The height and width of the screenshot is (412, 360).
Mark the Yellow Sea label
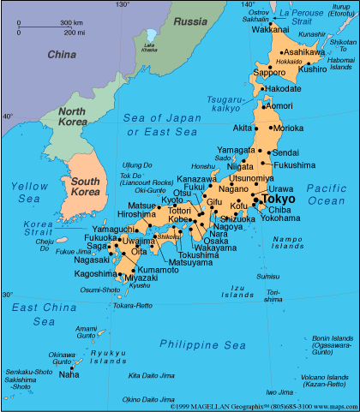(28, 191)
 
